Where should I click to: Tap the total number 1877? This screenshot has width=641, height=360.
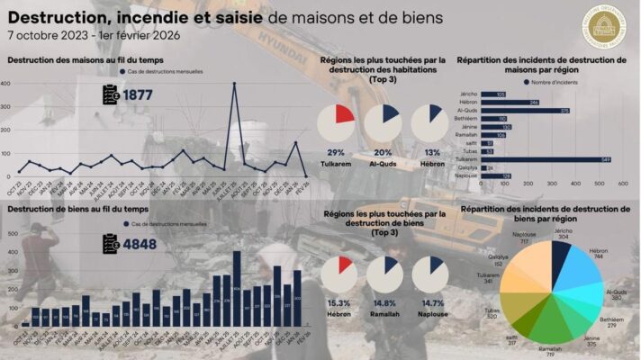(140, 94)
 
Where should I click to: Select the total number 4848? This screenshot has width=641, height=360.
(140, 241)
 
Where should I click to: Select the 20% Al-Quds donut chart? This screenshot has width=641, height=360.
(383, 123)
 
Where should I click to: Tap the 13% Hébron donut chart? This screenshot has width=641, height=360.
(429, 123)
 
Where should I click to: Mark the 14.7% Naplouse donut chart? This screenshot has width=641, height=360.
(429, 274)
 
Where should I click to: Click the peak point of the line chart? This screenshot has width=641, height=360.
(234, 84)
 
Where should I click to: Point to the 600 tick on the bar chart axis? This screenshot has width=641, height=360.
(622, 184)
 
